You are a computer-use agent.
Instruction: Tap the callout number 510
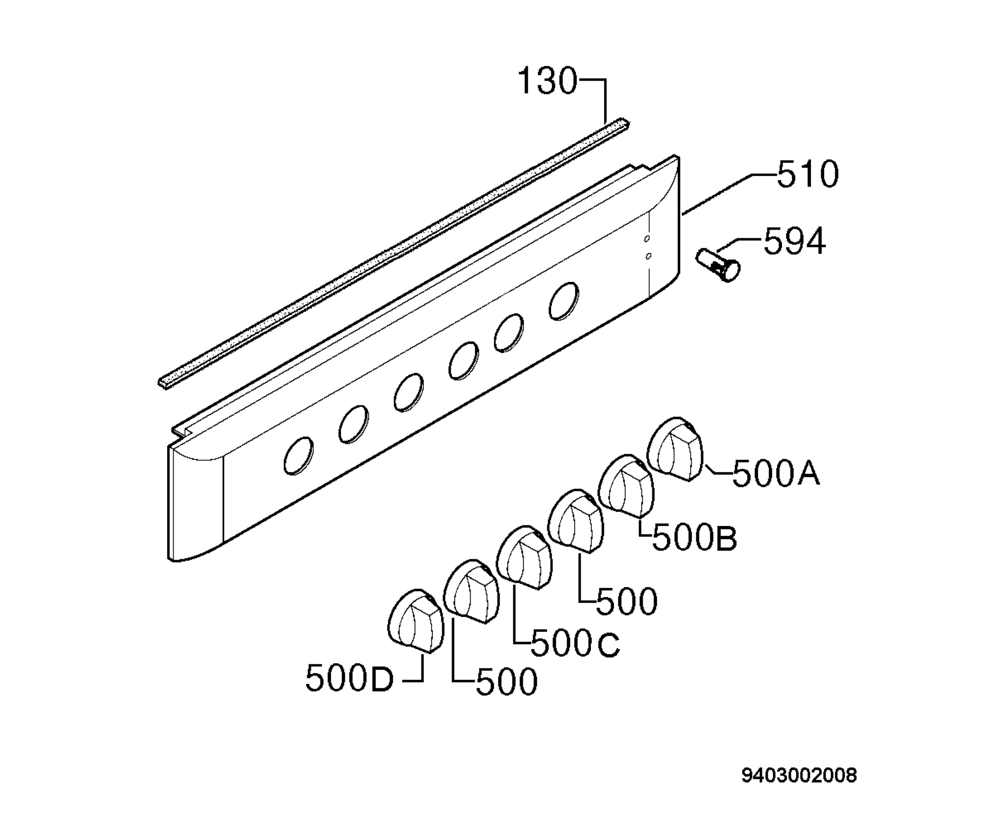pyautogui.click(x=808, y=174)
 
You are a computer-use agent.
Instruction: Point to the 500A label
pyautogui.click(x=776, y=473)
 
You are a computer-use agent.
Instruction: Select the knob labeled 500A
pyautogui.click(x=676, y=449)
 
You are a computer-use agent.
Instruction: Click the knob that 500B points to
pyautogui.click(x=626, y=486)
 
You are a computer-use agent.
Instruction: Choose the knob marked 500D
pyautogui.click(x=416, y=621)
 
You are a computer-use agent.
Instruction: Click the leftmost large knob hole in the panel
pyautogui.click(x=299, y=456)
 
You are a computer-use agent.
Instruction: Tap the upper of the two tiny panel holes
pyautogui.click(x=646, y=239)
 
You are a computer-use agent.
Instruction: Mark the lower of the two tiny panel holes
pyautogui.click(x=649, y=256)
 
